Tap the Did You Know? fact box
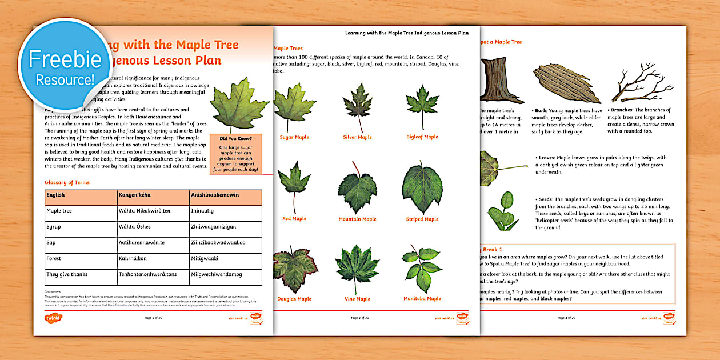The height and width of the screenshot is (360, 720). pos(235,153)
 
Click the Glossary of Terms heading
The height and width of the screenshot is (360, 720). pos(67,182)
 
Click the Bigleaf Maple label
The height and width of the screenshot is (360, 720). pos(422,137)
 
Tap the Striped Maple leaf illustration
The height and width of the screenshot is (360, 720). pos(422,187)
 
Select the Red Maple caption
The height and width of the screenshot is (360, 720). pos(294,219)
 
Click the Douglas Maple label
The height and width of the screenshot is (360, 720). pos(294,299)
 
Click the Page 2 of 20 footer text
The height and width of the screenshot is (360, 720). pos(360,318)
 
